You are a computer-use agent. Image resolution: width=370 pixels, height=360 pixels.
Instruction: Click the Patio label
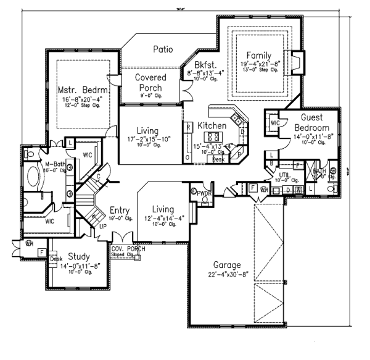click(x=163, y=49)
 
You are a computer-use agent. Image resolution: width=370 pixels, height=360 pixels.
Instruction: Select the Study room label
click(x=78, y=256)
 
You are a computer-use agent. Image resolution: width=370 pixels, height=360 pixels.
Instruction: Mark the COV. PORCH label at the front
click(x=128, y=249)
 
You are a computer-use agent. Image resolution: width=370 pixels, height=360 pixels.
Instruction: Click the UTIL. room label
click(x=284, y=175)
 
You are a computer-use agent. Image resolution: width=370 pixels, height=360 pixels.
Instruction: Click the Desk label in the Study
click(x=56, y=259)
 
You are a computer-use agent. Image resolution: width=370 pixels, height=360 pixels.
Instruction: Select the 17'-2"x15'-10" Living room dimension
click(x=147, y=140)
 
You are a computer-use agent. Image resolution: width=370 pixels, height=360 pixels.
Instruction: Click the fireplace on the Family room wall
click(x=295, y=62)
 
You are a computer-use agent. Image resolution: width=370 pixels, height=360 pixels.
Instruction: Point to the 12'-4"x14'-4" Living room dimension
click(x=163, y=218)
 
